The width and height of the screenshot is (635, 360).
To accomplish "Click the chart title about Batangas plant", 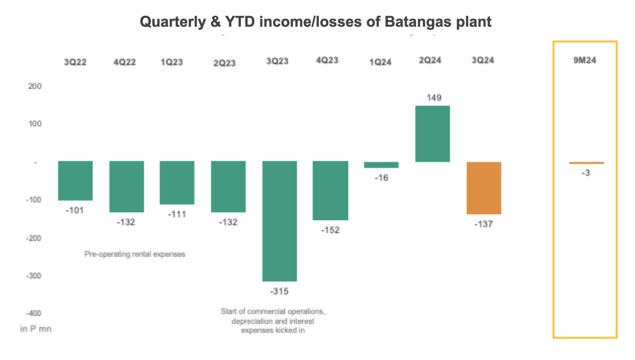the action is click(316, 22).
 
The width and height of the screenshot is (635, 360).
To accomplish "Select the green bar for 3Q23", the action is click(279, 221).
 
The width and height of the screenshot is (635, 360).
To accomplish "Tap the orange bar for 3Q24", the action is click(484, 188).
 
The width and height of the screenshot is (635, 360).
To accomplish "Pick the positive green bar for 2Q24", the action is click(433, 134).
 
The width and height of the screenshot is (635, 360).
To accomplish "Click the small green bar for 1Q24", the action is click(381, 165).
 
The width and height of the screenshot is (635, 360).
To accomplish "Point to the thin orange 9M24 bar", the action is click(586, 163).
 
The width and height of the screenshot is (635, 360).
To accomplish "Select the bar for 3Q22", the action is click(75, 181).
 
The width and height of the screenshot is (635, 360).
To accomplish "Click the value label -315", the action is click(279, 291).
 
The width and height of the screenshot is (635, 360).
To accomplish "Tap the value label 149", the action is click(434, 98).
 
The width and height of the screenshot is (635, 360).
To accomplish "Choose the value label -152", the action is click(330, 230).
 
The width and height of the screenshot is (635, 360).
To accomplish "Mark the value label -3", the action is click(586, 173).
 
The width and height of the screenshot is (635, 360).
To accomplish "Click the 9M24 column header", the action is click(585, 60).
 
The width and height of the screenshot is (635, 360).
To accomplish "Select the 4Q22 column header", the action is click(124, 62).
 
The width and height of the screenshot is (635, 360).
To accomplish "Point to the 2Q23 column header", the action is click(224, 63).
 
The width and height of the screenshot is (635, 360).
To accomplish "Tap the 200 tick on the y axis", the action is click(35, 86).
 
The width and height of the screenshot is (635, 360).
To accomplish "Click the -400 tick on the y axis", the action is click(33, 313).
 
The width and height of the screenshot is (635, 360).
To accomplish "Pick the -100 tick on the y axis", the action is click(33, 200).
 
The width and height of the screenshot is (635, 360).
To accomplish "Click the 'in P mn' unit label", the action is click(36, 329).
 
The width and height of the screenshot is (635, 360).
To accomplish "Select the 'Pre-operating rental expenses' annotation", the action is click(135, 254).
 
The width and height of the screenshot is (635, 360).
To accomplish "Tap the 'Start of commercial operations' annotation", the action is click(273, 321).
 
